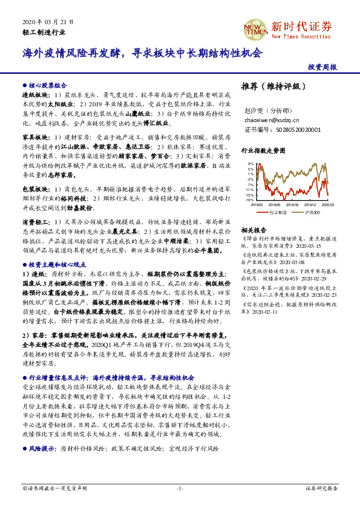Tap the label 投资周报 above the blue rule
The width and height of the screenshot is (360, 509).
(x=322, y=67)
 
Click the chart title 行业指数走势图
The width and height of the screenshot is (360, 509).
(x=263, y=151)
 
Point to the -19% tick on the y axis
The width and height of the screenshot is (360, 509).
(x=250, y=200)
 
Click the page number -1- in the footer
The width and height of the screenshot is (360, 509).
(x=180, y=488)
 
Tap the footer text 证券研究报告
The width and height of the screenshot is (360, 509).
(x=321, y=488)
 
